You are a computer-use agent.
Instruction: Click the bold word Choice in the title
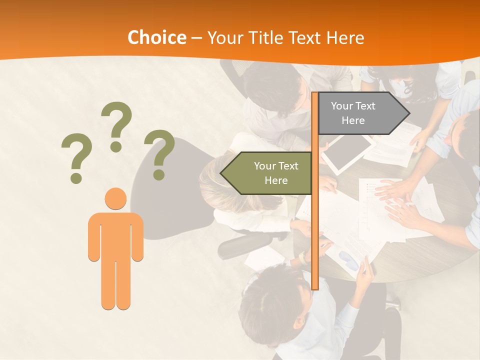[x=156, y=38]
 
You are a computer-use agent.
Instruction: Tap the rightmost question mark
[x=159, y=154]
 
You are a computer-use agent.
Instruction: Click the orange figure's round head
[x=115, y=198]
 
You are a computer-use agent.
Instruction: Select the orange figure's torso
[x=115, y=235]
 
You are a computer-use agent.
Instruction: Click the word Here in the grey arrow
[x=353, y=120]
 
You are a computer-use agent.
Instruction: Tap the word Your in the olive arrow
[x=265, y=166]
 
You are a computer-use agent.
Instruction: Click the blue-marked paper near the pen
[x=349, y=260]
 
